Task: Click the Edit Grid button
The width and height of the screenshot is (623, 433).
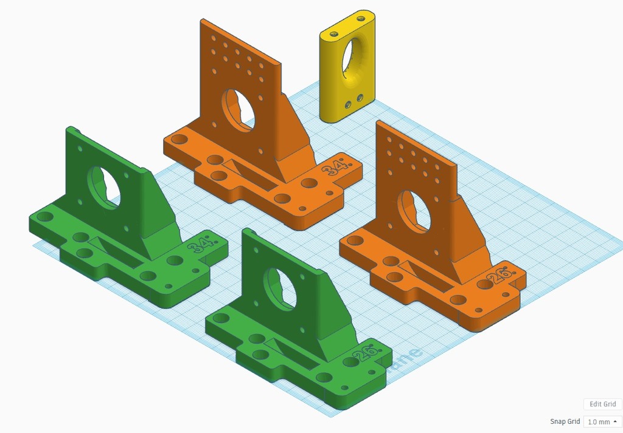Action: [602, 404]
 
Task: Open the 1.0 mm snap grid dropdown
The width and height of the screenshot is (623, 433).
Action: [602, 421]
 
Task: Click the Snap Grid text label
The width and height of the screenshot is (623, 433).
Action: [565, 421]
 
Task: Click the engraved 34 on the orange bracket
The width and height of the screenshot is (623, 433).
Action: [336, 167]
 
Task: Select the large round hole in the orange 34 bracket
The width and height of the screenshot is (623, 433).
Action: [238, 110]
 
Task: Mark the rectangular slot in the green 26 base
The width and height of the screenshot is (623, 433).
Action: [292, 352]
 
